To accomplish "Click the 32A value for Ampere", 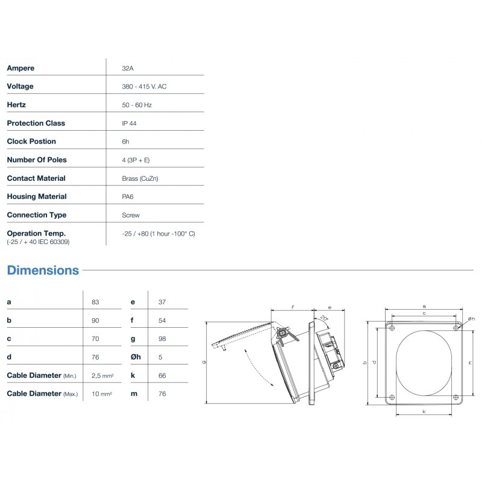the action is click(128, 68).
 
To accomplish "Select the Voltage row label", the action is click(20, 86).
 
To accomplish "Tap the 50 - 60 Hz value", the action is click(137, 105).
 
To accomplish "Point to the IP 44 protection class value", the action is click(129, 124).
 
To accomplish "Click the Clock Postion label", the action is click(31, 142).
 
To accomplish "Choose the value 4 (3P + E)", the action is click(136, 160).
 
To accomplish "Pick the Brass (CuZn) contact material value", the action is click(140, 178).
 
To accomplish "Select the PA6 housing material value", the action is click(128, 197).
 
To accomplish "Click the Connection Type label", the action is click(37, 215).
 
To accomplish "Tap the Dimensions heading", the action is click(43, 270).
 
